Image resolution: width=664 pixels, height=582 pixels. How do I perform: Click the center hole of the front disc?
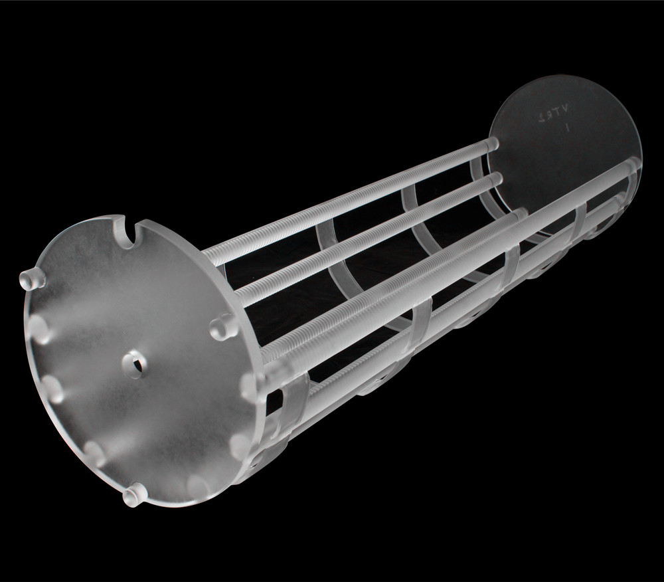click(x=135, y=363)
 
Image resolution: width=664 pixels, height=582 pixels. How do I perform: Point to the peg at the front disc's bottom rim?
click(x=135, y=493)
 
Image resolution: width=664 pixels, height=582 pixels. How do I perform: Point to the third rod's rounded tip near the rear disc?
click(x=520, y=214)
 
